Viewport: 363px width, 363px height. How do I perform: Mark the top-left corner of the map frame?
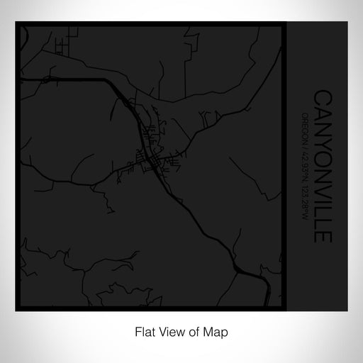(16, 24)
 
